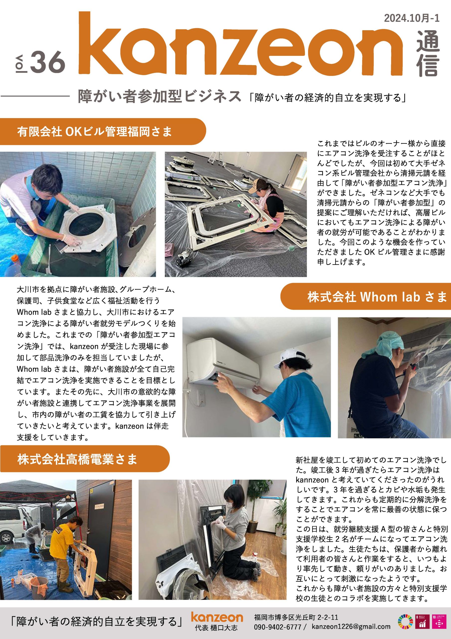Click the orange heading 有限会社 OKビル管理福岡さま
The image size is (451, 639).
click(x=94, y=131)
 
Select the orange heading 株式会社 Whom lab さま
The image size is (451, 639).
click(x=377, y=297)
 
